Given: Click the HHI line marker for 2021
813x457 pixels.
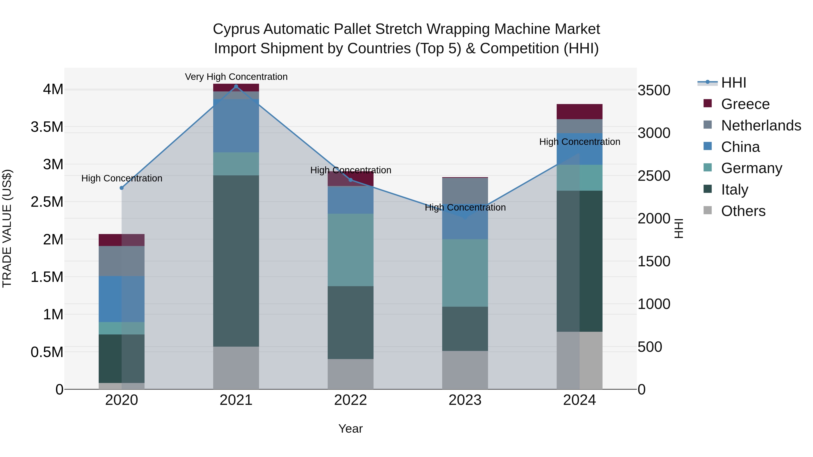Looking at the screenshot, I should point(236,86).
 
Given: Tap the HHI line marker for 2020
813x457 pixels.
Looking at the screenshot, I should point(121,188).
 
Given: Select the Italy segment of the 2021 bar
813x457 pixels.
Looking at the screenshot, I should point(236,261).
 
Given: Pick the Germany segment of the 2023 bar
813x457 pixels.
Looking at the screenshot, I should point(465,273).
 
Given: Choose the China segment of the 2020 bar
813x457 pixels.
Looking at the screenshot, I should point(121,299).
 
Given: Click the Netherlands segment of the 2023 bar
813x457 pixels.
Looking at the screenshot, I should point(465,191).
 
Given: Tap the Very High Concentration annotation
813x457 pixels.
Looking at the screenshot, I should point(236,77).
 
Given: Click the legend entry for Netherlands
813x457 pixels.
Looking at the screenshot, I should point(761,125).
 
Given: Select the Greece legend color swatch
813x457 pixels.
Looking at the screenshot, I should point(708,103).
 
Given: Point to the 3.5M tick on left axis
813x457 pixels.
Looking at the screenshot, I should point(47,127).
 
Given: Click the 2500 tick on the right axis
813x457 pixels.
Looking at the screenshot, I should point(654,176).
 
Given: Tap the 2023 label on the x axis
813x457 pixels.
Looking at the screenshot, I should point(465,400).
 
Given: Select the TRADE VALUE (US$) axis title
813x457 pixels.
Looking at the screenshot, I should point(7,228).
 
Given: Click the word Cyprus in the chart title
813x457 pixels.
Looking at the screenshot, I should point(236,29).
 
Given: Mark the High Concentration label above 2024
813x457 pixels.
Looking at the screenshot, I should point(579,142).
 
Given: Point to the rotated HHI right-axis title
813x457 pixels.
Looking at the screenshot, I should point(679,228).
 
